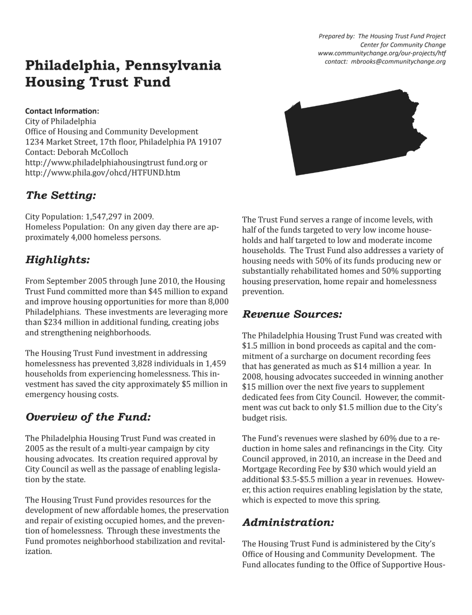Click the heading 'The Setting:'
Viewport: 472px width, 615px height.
click(x=61, y=195)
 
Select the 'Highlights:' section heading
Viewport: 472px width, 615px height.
click(x=57, y=260)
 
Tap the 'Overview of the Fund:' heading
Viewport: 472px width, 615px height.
click(x=88, y=417)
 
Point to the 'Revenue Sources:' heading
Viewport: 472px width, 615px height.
click(x=292, y=314)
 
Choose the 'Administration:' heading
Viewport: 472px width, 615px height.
click(x=288, y=522)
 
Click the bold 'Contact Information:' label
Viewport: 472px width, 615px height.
click(x=62, y=111)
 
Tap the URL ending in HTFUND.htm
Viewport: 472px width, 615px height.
click(x=103, y=173)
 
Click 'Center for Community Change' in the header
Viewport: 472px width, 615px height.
click(x=403, y=45)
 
